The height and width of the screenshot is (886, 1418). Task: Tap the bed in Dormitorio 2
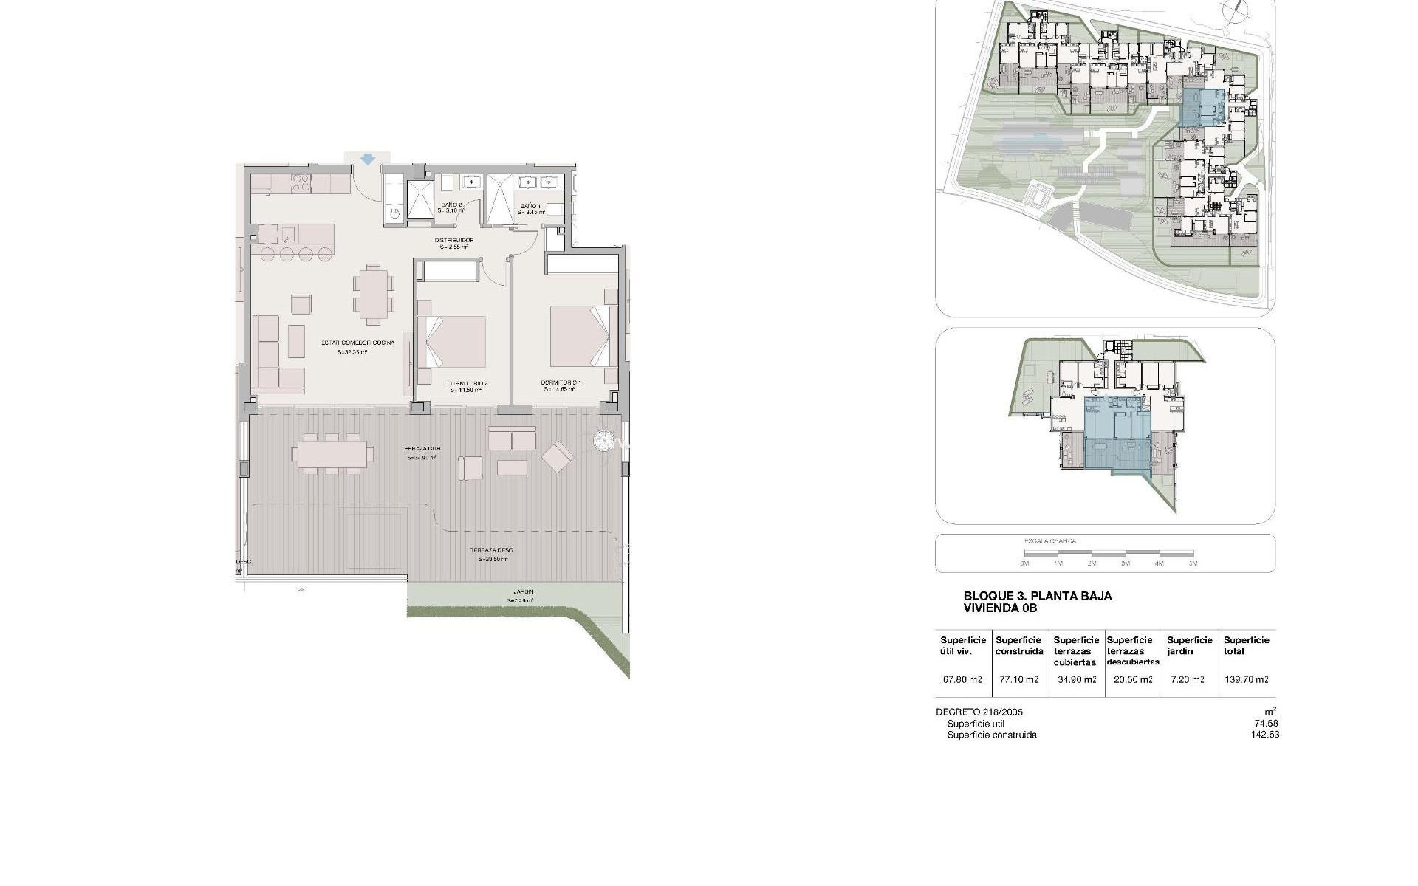pyautogui.click(x=452, y=340)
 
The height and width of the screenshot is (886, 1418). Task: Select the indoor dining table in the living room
pyautogui.click(x=374, y=294)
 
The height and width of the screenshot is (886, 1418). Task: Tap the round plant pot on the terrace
pyautogui.click(x=605, y=441)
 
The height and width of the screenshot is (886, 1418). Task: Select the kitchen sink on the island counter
pyautogui.click(x=287, y=235)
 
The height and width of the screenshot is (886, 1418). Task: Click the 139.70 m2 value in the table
pyautogui.click(x=1246, y=680)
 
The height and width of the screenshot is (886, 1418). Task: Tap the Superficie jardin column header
pyautogui.click(x=1190, y=645)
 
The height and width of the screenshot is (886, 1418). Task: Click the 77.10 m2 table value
pyautogui.click(x=1018, y=680)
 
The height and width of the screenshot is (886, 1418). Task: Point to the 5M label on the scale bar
pyautogui.click(x=1193, y=563)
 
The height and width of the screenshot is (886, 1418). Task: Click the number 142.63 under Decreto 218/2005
pyautogui.click(x=1267, y=735)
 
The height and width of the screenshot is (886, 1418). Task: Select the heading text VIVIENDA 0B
pyautogui.click(x=1001, y=608)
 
